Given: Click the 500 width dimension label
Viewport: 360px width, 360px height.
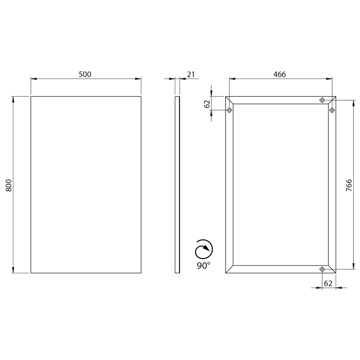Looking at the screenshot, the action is click(x=85, y=75).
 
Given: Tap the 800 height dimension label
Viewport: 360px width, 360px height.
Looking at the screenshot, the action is click(x=9, y=185).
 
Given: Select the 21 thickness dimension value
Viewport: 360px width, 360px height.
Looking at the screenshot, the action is click(x=191, y=75).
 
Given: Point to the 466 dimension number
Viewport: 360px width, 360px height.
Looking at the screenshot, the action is click(x=280, y=75).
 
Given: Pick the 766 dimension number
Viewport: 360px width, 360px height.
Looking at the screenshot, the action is click(x=349, y=185).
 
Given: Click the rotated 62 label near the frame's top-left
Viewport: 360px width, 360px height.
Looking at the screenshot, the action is click(x=207, y=104).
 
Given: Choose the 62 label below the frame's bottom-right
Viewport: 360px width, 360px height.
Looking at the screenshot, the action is click(x=328, y=284).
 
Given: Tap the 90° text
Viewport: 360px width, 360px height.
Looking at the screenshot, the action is click(x=203, y=265).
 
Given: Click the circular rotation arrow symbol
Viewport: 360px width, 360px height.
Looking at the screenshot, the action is click(x=204, y=249).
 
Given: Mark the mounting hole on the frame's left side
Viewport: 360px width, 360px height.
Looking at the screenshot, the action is click(x=229, y=110).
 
